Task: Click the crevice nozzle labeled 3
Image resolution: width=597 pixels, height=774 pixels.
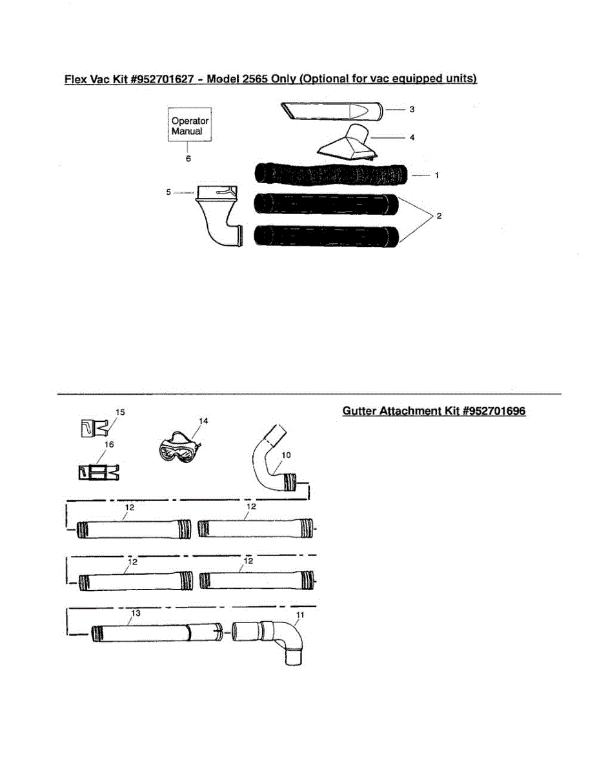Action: click(x=332, y=111)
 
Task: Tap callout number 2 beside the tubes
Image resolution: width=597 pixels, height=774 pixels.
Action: click(x=439, y=216)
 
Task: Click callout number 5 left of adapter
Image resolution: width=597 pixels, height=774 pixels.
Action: click(x=168, y=192)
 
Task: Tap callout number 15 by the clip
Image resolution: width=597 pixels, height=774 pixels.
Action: click(x=120, y=412)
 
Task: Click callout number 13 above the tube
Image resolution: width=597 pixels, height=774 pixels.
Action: click(x=136, y=613)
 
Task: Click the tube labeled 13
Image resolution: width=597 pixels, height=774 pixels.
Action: click(x=155, y=632)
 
